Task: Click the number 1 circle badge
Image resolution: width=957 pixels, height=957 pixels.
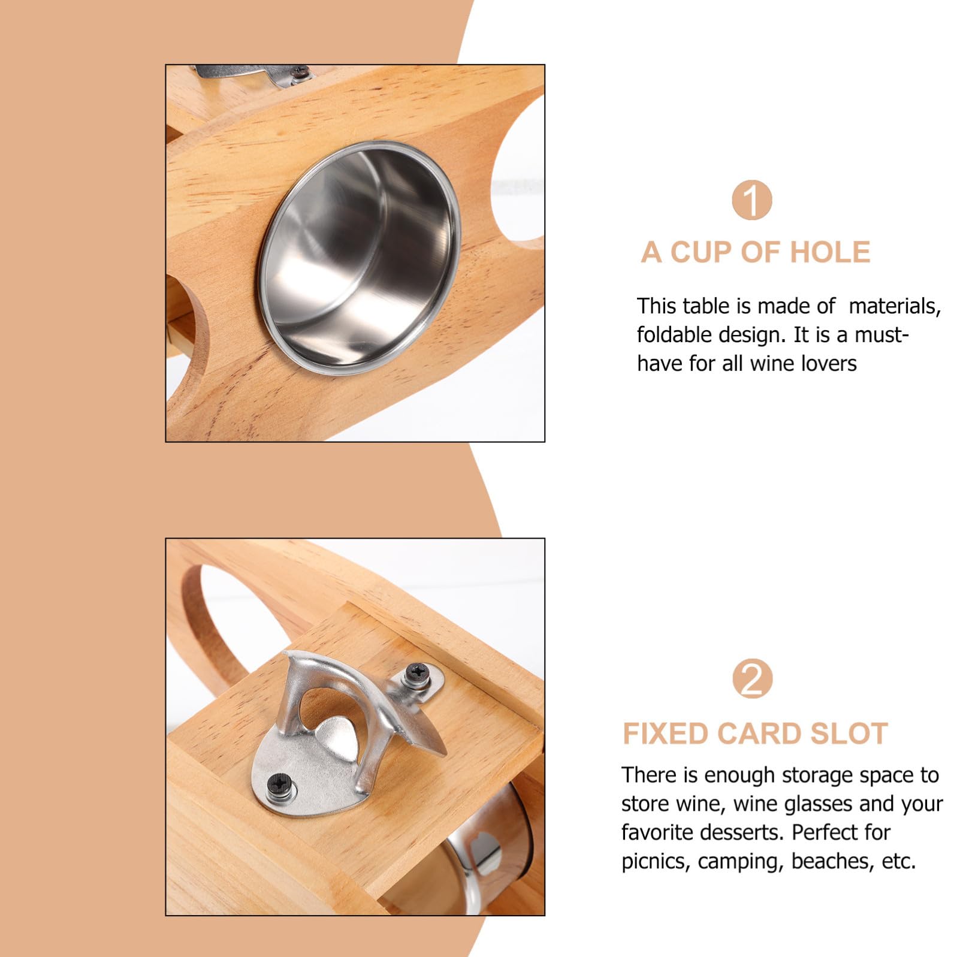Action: [x=752, y=200]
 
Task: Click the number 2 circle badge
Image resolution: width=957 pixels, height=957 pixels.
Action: [x=752, y=679]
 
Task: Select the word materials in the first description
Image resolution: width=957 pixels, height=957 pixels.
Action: [x=895, y=306]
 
